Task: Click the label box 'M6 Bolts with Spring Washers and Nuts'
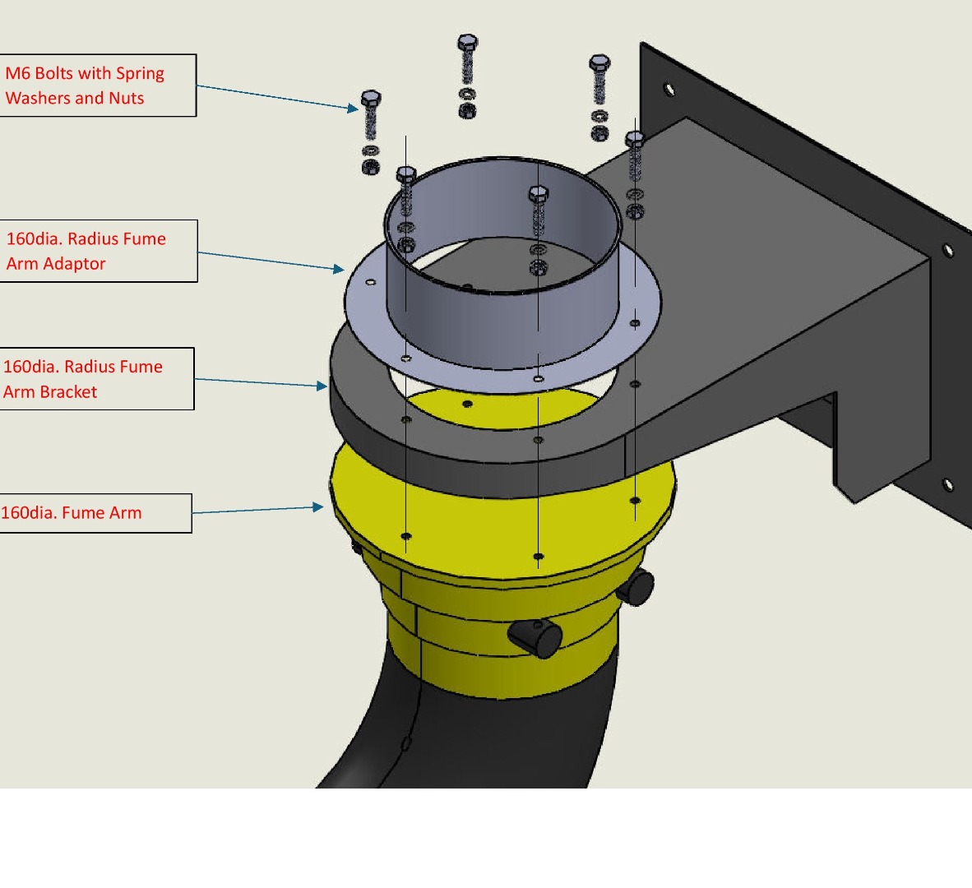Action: pos(98,86)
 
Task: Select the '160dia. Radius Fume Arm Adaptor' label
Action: pos(99,251)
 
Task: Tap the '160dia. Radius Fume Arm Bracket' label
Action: pos(97,378)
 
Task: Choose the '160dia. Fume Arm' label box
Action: pos(95,513)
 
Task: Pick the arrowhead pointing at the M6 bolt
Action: pos(354,109)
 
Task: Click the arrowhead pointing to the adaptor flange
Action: pos(339,269)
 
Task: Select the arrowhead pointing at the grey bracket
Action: pos(322,386)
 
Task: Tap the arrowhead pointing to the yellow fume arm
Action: pos(318,506)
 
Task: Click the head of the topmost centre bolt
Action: pos(467,42)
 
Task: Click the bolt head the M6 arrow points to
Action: pos(371,98)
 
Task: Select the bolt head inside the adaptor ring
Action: pos(538,194)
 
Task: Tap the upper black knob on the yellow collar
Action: pos(636,587)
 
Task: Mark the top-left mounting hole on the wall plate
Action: pos(669,90)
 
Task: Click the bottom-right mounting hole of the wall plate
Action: pos(947,484)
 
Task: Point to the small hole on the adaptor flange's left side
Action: pos(371,283)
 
